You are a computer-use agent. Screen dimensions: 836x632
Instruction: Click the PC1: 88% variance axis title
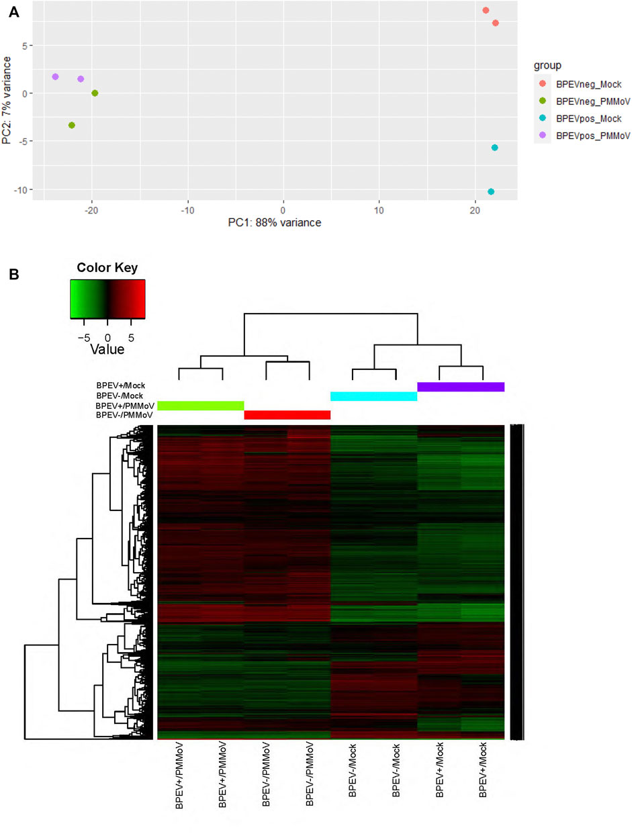click(273, 223)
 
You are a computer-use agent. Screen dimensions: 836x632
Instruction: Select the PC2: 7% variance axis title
click(7, 101)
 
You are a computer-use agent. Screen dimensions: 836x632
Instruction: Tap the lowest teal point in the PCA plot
click(491, 192)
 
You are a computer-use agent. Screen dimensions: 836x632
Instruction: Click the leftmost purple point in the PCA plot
click(55, 77)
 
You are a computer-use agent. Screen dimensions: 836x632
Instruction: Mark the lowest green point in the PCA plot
click(71, 126)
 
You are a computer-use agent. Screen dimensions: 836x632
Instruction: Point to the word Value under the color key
click(107, 349)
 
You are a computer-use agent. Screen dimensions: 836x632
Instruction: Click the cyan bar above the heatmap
click(373, 397)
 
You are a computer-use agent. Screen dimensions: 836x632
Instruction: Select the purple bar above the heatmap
click(461, 387)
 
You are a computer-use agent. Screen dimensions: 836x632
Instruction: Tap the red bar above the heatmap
click(287, 415)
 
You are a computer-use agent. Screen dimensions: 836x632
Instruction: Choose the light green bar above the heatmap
click(200, 406)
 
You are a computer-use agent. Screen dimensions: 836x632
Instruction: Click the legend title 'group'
click(547, 65)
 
